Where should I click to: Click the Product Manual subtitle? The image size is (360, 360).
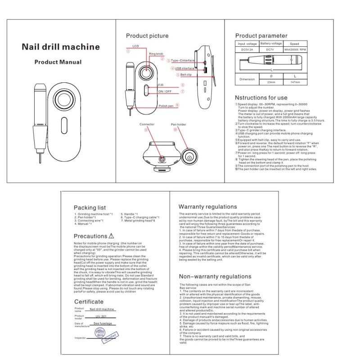(x=58, y=62)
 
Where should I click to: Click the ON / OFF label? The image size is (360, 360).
(x=165, y=91)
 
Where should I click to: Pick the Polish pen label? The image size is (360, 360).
(x=166, y=106)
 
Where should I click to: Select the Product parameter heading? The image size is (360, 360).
(x=261, y=36)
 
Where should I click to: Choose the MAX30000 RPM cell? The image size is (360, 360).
(x=295, y=49)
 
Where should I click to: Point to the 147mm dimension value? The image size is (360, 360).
(x=295, y=82)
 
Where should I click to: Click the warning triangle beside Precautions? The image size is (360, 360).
(x=112, y=236)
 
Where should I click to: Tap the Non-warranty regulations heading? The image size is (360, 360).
(x=215, y=276)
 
